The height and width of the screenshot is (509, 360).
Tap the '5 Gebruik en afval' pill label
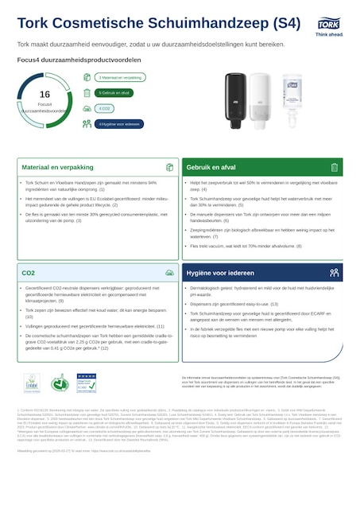click(115, 93)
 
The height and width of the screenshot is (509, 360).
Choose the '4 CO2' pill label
click(105, 108)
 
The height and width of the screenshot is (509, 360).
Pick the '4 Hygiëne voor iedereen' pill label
click(120, 124)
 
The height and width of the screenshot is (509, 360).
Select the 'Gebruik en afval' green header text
click(211, 168)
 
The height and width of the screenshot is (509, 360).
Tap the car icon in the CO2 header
click(169, 273)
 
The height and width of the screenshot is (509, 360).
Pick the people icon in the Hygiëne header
click(334, 273)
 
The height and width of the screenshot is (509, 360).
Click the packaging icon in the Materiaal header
click(169, 168)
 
